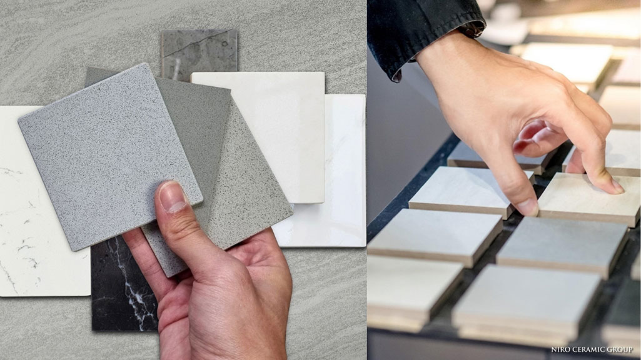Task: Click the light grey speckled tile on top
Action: pyautogui.click(x=110, y=157)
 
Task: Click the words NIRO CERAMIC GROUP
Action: pyautogui.click(x=592, y=350)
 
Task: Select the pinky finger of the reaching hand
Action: pyautogui.click(x=527, y=139)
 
